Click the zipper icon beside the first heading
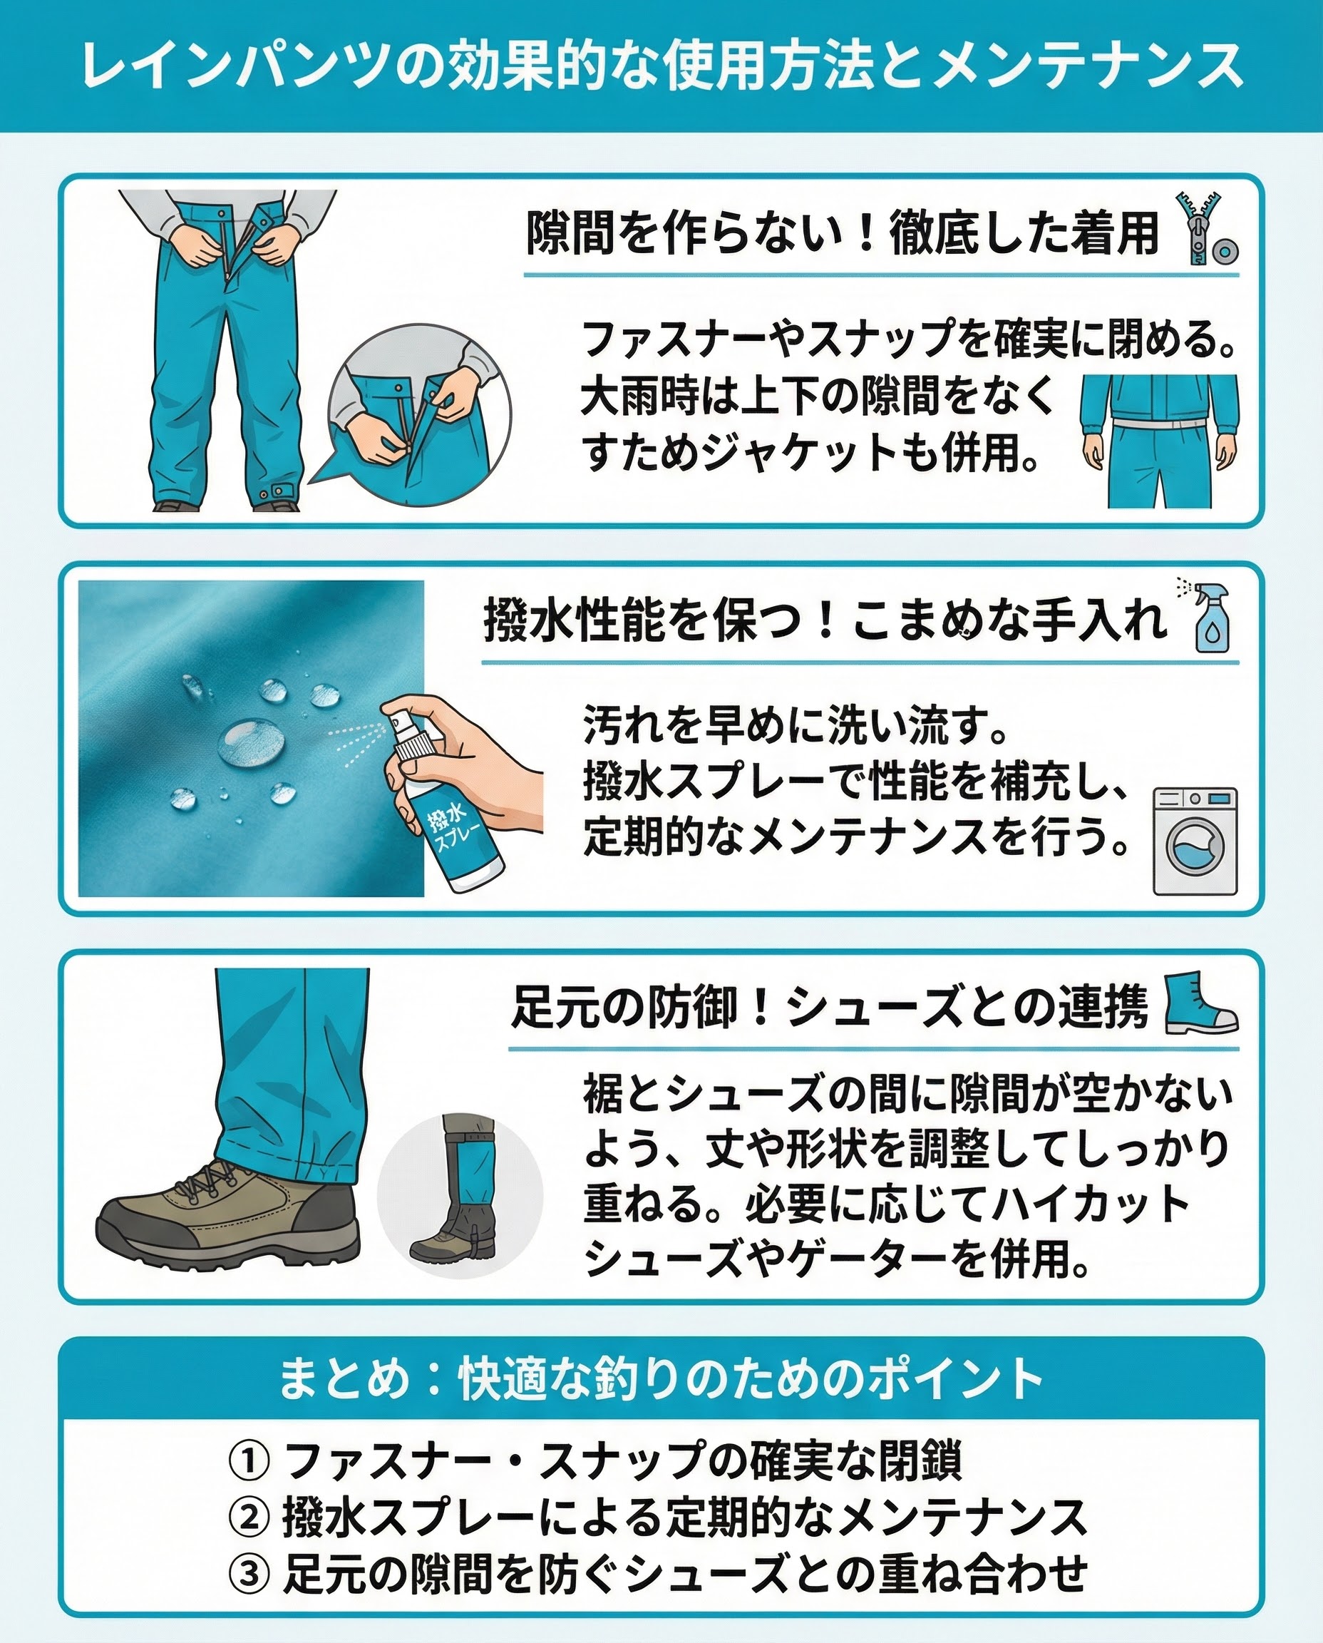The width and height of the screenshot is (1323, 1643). click(1194, 229)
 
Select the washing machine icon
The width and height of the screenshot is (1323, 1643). click(1195, 841)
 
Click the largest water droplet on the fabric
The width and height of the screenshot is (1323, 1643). click(252, 741)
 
